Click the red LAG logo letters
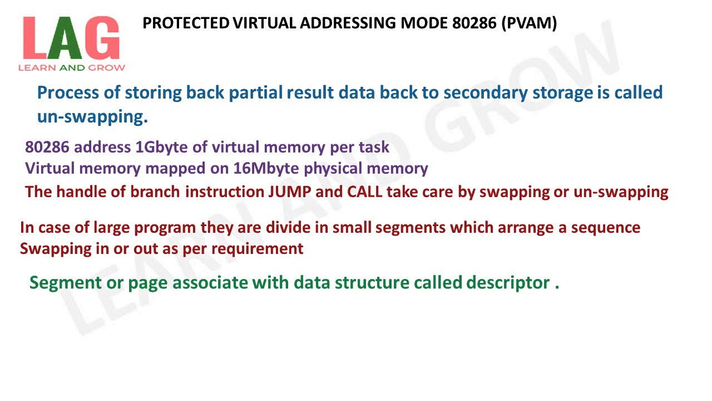(x=71, y=38)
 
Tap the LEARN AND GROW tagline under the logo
(x=72, y=68)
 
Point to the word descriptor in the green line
(x=507, y=283)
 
